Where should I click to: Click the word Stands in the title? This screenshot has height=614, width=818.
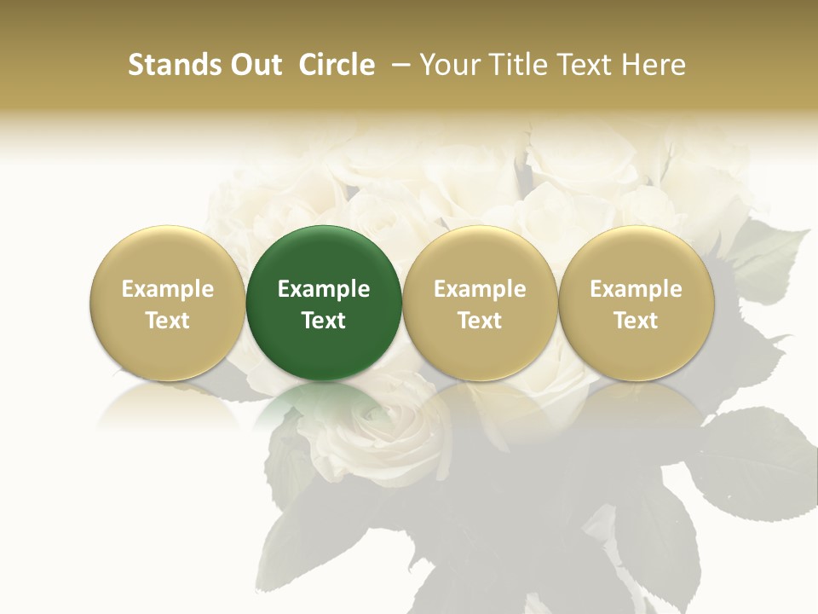[x=169, y=65]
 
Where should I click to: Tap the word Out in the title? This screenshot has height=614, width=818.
[x=254, y=65]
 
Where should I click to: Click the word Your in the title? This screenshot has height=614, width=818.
[x=448, y=65]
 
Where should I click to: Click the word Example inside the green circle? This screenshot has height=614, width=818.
[x=324, y=289]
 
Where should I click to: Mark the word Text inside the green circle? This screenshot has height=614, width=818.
[x=324, y=321]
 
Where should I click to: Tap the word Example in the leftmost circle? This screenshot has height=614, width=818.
[x=167, y=289]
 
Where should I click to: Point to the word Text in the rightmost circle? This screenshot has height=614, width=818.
[x=636, y=321]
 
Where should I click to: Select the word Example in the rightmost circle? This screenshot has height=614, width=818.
[x=636, y=289]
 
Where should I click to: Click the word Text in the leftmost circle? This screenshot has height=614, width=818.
[x=167, y=321]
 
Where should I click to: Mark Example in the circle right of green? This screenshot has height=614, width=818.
[x=480, y=289]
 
